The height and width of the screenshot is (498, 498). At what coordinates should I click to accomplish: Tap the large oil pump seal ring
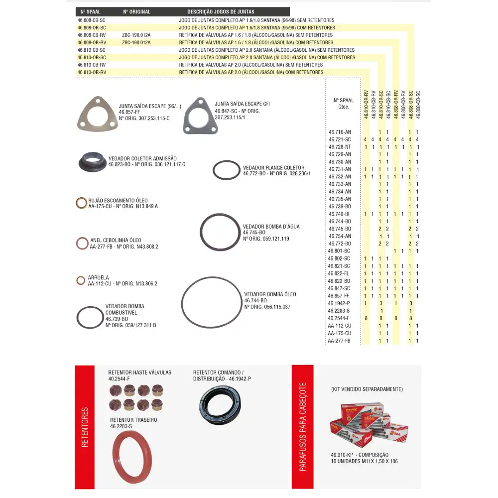211,302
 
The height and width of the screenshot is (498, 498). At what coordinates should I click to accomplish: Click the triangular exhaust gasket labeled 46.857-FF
98,116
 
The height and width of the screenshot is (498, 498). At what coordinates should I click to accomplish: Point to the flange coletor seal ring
226,170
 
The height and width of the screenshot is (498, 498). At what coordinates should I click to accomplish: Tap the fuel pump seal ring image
90,318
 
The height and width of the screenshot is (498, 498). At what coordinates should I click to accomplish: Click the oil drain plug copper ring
81,203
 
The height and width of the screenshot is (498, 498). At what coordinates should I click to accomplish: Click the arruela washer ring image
81,280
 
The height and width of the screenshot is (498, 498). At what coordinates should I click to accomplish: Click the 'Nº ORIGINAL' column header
136,11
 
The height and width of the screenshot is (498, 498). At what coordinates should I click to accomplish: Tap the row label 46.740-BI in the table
339,214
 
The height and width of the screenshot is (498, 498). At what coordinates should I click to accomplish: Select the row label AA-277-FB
339,341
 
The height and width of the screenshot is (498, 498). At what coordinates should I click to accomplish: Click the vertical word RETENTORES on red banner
85,427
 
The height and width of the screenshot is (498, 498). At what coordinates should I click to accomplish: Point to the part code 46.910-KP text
341,455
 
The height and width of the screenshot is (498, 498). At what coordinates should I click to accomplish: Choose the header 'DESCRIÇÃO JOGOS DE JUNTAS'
221,11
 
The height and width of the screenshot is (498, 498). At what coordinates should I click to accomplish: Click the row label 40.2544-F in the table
339,318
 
